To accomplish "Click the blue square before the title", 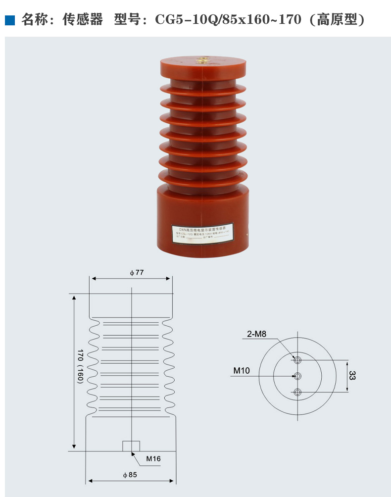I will [x=9, y=20].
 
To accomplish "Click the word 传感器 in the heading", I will [x=83, y=20].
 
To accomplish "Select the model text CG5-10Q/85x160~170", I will [x=228, y=20].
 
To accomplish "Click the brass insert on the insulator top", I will [x=203, y=61].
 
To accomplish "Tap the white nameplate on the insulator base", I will [x=203, y=232].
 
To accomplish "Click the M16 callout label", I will [x=153, y=459].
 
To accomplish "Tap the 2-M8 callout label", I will [x=257, y=334].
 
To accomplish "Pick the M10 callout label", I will [x=242, y=370].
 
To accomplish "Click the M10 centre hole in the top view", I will [x=297, y=376].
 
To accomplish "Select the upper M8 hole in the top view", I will [x=297, y=359].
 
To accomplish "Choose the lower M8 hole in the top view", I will [x=297, y=393].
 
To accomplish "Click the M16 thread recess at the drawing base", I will [x=131, y=446].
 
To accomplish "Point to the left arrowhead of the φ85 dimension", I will [x=90, y=481].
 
